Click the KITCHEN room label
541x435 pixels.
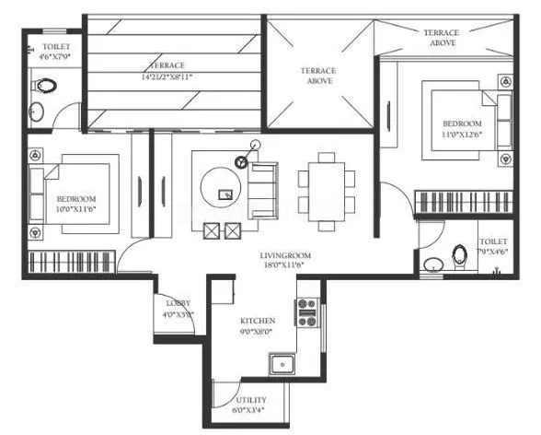coord(258,321)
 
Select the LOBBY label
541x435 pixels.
coord(178,302)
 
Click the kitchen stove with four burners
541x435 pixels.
coord(306,312)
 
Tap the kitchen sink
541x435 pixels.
coord(282,364)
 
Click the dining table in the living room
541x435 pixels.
coord(328,183)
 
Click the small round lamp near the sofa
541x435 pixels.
coord(242,161)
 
